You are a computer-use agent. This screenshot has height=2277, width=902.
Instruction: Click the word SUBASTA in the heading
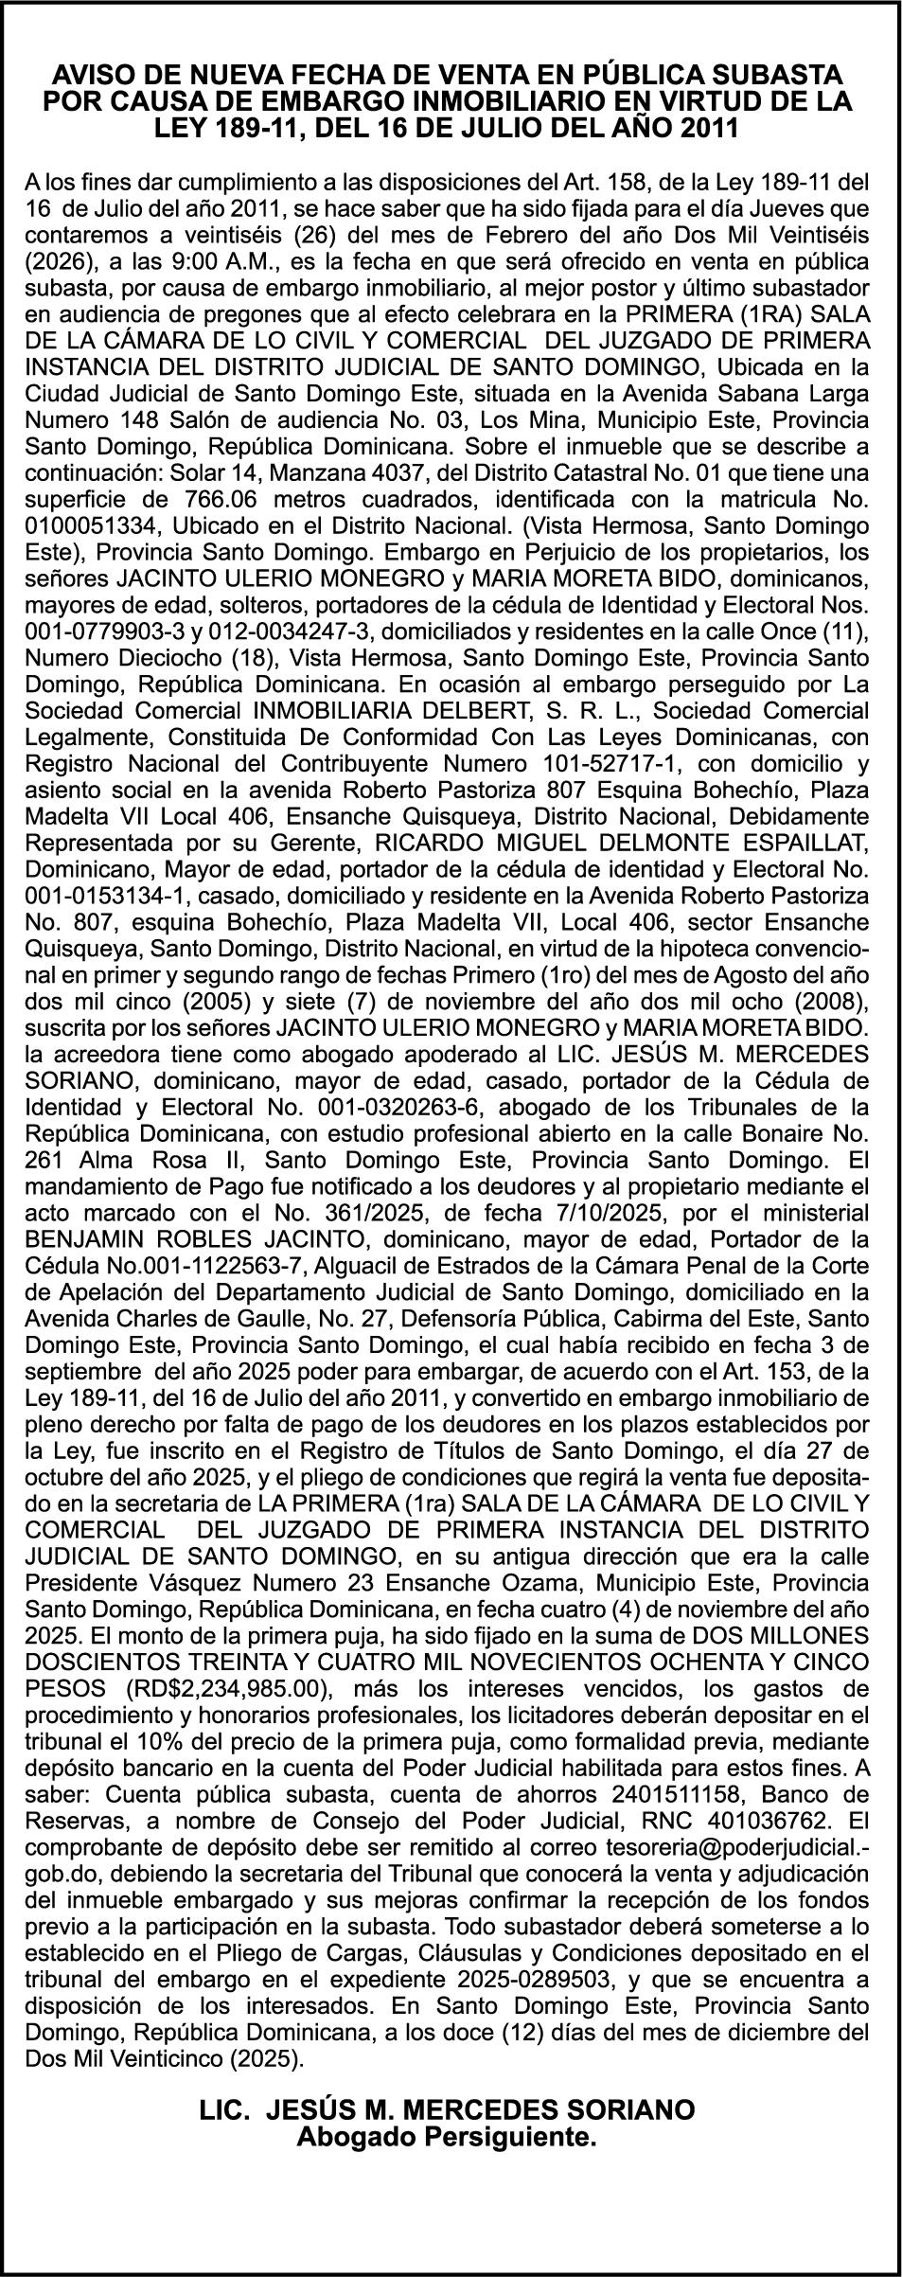click(x=779, y=76)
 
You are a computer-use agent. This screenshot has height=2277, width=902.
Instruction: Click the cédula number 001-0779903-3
click(x=104, y=630)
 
